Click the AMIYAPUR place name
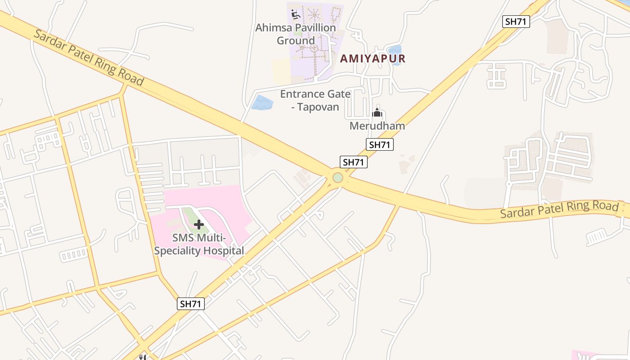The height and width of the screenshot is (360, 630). click(373, 58)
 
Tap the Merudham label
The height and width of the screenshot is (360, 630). click(377, 126)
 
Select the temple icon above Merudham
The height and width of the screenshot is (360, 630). click(377, 112)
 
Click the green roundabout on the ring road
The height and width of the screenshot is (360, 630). click(338, 178)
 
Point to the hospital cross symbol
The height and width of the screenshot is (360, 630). click(199, 224)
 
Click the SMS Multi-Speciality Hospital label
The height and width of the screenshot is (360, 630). click(199, 244)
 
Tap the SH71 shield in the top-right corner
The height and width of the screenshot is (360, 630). click(516, 21)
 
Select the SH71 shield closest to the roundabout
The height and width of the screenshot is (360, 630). click(354, 162)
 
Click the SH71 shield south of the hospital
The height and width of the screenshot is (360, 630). click(191, 304)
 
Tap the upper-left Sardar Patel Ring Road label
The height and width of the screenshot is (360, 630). click(89, 58)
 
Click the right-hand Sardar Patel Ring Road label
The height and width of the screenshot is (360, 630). click(559, 209)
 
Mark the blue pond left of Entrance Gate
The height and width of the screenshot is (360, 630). click(262, 103)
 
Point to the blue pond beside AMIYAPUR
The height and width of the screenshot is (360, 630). click(395, 55)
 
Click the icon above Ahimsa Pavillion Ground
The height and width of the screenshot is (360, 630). click(295, 14)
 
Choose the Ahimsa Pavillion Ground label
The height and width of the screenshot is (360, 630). click(296, 34)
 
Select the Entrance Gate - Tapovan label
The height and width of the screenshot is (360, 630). click(315, 100)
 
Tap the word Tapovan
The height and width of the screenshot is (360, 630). click(318, 107)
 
